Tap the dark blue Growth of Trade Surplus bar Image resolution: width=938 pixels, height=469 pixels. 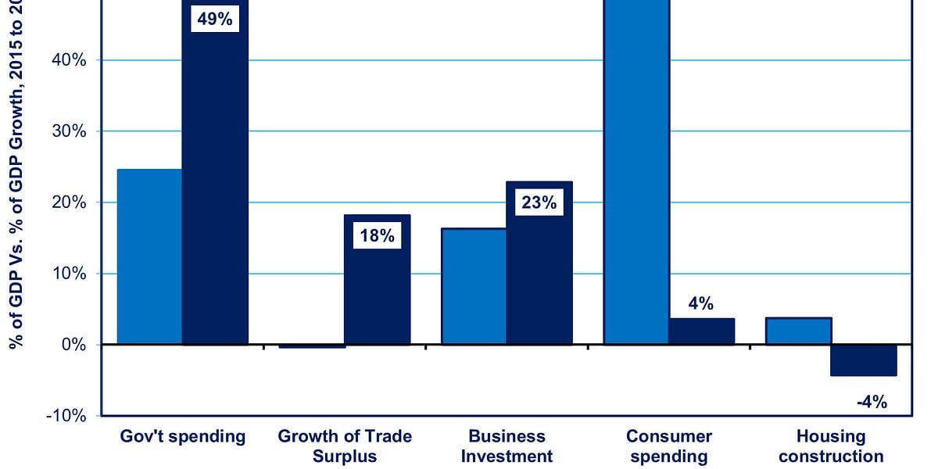(x=377, y=297)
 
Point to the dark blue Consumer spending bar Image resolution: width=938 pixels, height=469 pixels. (x=701, y=331)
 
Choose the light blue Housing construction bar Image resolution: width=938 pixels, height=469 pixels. (x=798, y=331)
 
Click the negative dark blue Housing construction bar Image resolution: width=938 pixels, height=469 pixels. (x=863, y=360)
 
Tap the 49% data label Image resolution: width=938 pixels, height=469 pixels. (x=215, y=20)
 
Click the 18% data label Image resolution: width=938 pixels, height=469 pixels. (x=377, y=235)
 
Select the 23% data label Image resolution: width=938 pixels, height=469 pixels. (x=539, y=203)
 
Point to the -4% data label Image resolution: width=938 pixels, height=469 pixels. (x=872, y=403)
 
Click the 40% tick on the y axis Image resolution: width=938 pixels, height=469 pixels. (x=69, y=60)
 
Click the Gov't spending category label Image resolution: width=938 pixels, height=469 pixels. (x=182, y=436)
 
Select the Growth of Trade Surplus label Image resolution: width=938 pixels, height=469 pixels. (x=345, y=446)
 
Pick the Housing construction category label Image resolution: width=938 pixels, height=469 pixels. (x=831, y=446)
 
